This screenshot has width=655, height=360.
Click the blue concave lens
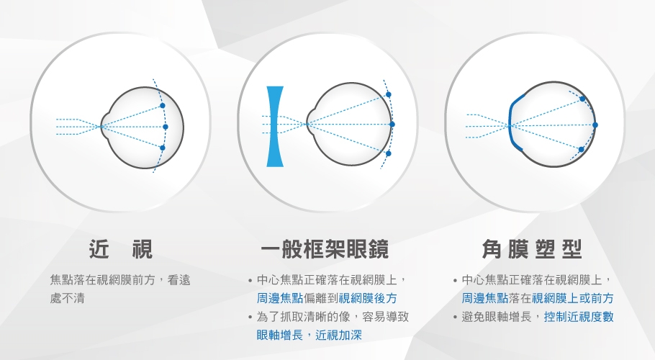pyautogui.click(x=275, y=127)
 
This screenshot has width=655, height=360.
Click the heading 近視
pyautogui.click(x=121, y=249)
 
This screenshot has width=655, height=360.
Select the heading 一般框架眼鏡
pyautogui.click(x=325, y=249)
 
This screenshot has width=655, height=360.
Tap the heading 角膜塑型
pyautogui.click(x=532, y=249)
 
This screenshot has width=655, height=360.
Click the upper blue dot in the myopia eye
pyautogui.click(x=163, y=106)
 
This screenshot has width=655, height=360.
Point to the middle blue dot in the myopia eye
pyautogui.click(x=166, y=127)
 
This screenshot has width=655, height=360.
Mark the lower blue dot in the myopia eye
pyautogui.click(x=163, y=148)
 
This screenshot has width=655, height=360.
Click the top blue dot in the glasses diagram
pyautogui.click(x=389, y=95)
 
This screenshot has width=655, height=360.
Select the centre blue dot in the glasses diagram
pyautogui.click(x=392, y=125)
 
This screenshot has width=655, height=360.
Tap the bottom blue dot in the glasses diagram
pyautogui.click(x=389, y=153)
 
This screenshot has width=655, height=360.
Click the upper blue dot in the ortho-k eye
pyautogui.click(x=582, y=99)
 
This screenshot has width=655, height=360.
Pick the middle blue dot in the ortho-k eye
pyautogui.click(x=595, y=125)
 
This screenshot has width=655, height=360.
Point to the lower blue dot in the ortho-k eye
pyautogui.click(x=581, y=150)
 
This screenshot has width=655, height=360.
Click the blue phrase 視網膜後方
pyautogui.click(x=368, y=298)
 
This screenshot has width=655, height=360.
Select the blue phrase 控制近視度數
pyautogui.click(x=579, y=317)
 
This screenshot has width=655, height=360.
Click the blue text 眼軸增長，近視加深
pyautogui.click(x=309, y=335)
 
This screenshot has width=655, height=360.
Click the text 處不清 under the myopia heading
pyautogui.click(x=67, y=298)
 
